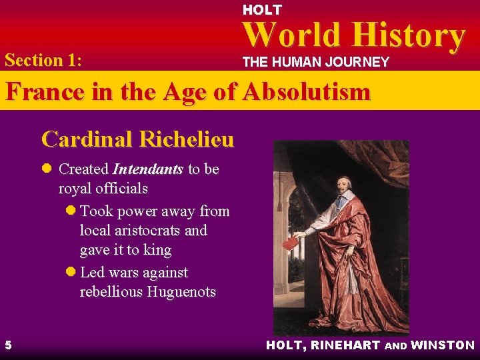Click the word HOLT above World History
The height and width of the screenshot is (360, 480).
click(x=262, y=10)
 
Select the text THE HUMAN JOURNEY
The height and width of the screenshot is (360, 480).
click(x=315, y=63)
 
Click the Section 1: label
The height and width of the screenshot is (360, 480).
click(x=43, y=60)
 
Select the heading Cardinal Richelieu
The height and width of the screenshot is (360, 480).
click(x=137, y=139)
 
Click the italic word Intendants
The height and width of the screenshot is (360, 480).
click(x=147, y=169)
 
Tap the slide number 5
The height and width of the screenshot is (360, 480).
click(x=7, y=345)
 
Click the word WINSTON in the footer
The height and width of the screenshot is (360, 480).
click(x=443, y=345)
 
